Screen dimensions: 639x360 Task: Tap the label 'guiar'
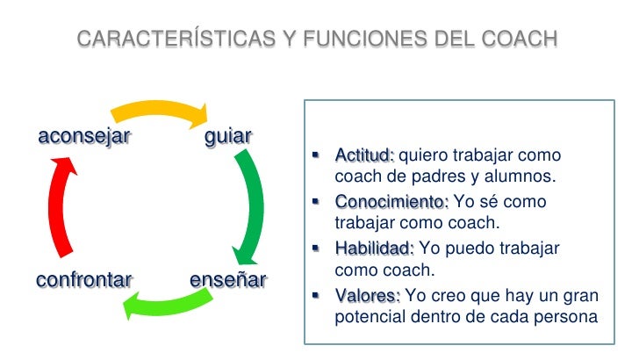[227, 136]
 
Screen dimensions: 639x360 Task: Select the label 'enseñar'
[227, 280]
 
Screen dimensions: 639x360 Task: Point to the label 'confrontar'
[83, 280]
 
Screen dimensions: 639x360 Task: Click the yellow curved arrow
[158, 109]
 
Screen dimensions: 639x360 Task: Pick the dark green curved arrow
[254, 206]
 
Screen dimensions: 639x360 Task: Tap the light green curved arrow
[167, 304]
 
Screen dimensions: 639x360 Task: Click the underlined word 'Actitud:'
[364, 156]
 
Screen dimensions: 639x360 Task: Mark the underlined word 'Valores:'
[367, 294]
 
